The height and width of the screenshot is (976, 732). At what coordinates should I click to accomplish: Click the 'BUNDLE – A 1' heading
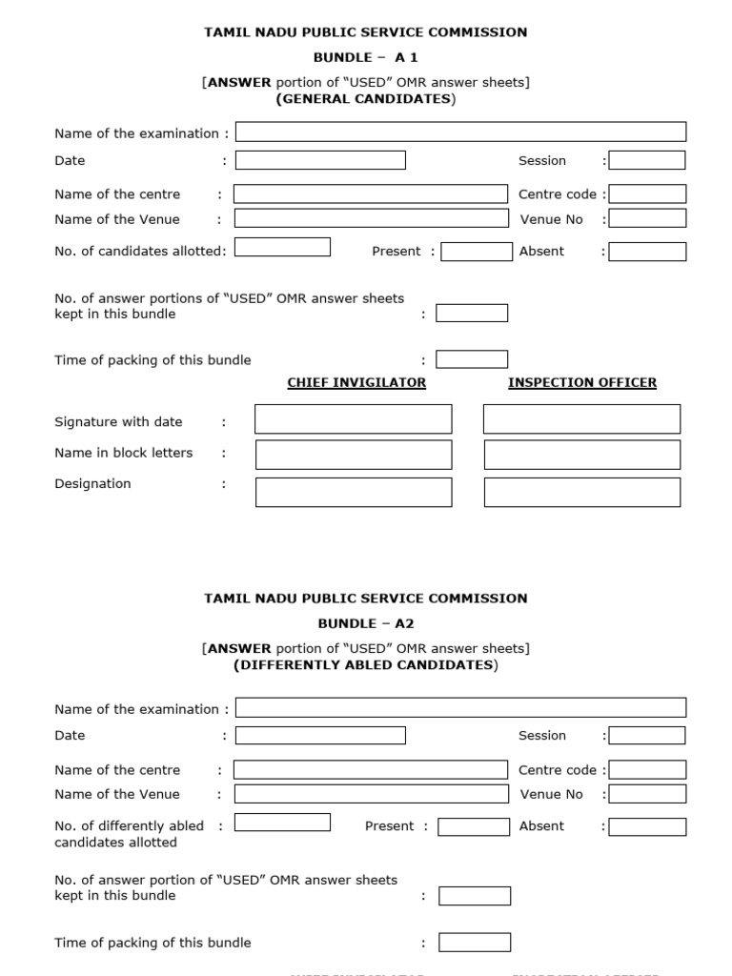(366, 57)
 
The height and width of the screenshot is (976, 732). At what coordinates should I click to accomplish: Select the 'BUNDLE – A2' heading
(366, 623)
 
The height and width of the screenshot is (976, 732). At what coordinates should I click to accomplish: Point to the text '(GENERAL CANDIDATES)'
(366, 99)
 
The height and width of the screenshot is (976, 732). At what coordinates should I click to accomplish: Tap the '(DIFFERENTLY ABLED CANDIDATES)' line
(366, 665)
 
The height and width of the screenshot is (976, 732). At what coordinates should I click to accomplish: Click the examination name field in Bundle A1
(460, 132)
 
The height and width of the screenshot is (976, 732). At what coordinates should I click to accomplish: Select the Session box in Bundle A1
(647, 160)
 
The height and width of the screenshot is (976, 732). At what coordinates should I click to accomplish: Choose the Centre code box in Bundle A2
(647, 769)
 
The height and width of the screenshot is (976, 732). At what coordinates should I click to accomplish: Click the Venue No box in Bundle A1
(647, 218)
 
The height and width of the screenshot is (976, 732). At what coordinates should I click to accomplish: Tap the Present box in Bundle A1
(477, 252)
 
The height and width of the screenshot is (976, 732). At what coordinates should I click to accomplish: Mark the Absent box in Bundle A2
(647, 826)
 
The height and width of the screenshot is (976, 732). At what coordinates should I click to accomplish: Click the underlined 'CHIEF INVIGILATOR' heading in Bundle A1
(356, 382)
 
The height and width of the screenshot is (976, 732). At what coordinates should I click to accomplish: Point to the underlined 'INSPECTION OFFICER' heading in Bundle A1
(582, 382)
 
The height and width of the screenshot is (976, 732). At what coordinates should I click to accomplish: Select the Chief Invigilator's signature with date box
(354, 419)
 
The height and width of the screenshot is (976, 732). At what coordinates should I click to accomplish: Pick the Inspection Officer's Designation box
(582, 492)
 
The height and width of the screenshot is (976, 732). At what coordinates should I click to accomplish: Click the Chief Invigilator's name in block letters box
(354, 455)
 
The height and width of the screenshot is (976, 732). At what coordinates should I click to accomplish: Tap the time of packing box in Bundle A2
(475, 943)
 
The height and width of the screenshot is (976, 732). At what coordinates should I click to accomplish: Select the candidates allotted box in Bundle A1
(282, 248)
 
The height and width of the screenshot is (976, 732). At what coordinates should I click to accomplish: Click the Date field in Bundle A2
(320, 735)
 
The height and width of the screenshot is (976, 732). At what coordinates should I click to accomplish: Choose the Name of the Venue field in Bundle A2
(371, 794)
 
